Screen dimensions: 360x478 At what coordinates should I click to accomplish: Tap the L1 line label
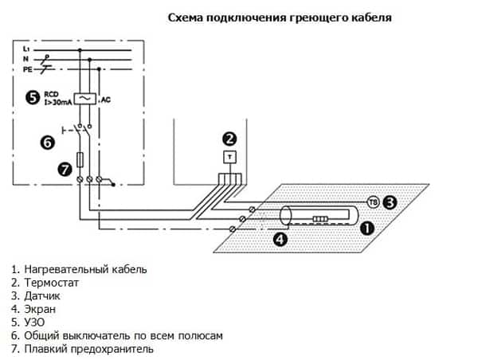(27, 49)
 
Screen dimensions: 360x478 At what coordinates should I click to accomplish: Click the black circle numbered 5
(32, 97)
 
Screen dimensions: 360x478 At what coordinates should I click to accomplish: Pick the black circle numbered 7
(65, 169)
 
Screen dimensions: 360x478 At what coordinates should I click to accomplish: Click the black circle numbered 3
(390, 202)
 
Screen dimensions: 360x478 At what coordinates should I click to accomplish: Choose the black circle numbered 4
(280, 239)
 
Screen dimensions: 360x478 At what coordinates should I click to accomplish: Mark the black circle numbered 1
(367, 228)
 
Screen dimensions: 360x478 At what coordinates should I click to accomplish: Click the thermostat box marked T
(229, 157)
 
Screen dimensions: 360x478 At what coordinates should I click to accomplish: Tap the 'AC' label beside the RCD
(104, 100)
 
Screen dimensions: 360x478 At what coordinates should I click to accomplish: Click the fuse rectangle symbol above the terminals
(80, 158)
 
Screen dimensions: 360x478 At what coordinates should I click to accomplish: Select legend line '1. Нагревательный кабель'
(79, 269)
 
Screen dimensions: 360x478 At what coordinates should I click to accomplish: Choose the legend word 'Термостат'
(52, 283)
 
